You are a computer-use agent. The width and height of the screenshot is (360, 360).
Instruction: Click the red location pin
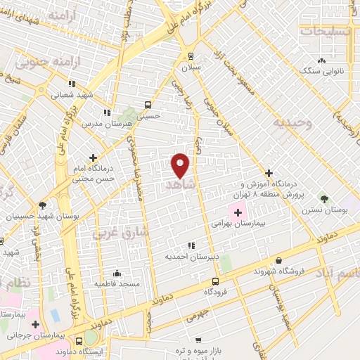[180, 165]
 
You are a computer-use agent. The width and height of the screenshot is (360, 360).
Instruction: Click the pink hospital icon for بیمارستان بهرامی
[238, 211]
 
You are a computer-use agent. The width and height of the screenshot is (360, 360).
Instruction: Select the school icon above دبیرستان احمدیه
[191, 245]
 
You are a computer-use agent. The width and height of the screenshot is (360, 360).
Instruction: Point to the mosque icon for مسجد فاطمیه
[117, 273]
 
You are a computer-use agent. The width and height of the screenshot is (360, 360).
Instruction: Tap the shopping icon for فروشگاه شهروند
[279, 260]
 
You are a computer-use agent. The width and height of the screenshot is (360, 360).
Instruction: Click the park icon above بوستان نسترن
[323, 199]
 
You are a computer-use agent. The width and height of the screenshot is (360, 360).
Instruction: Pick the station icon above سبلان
[191, 56]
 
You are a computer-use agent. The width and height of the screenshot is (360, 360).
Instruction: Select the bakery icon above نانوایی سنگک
[321, 60]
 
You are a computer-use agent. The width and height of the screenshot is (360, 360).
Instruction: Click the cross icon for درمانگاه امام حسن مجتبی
[93, 157]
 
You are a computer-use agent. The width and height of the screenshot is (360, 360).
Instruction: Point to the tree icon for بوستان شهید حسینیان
[42, 205]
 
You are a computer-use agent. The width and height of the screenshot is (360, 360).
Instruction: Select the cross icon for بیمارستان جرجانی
[34, 323]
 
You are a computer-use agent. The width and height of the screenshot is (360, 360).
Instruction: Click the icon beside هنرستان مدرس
[106, 112]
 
